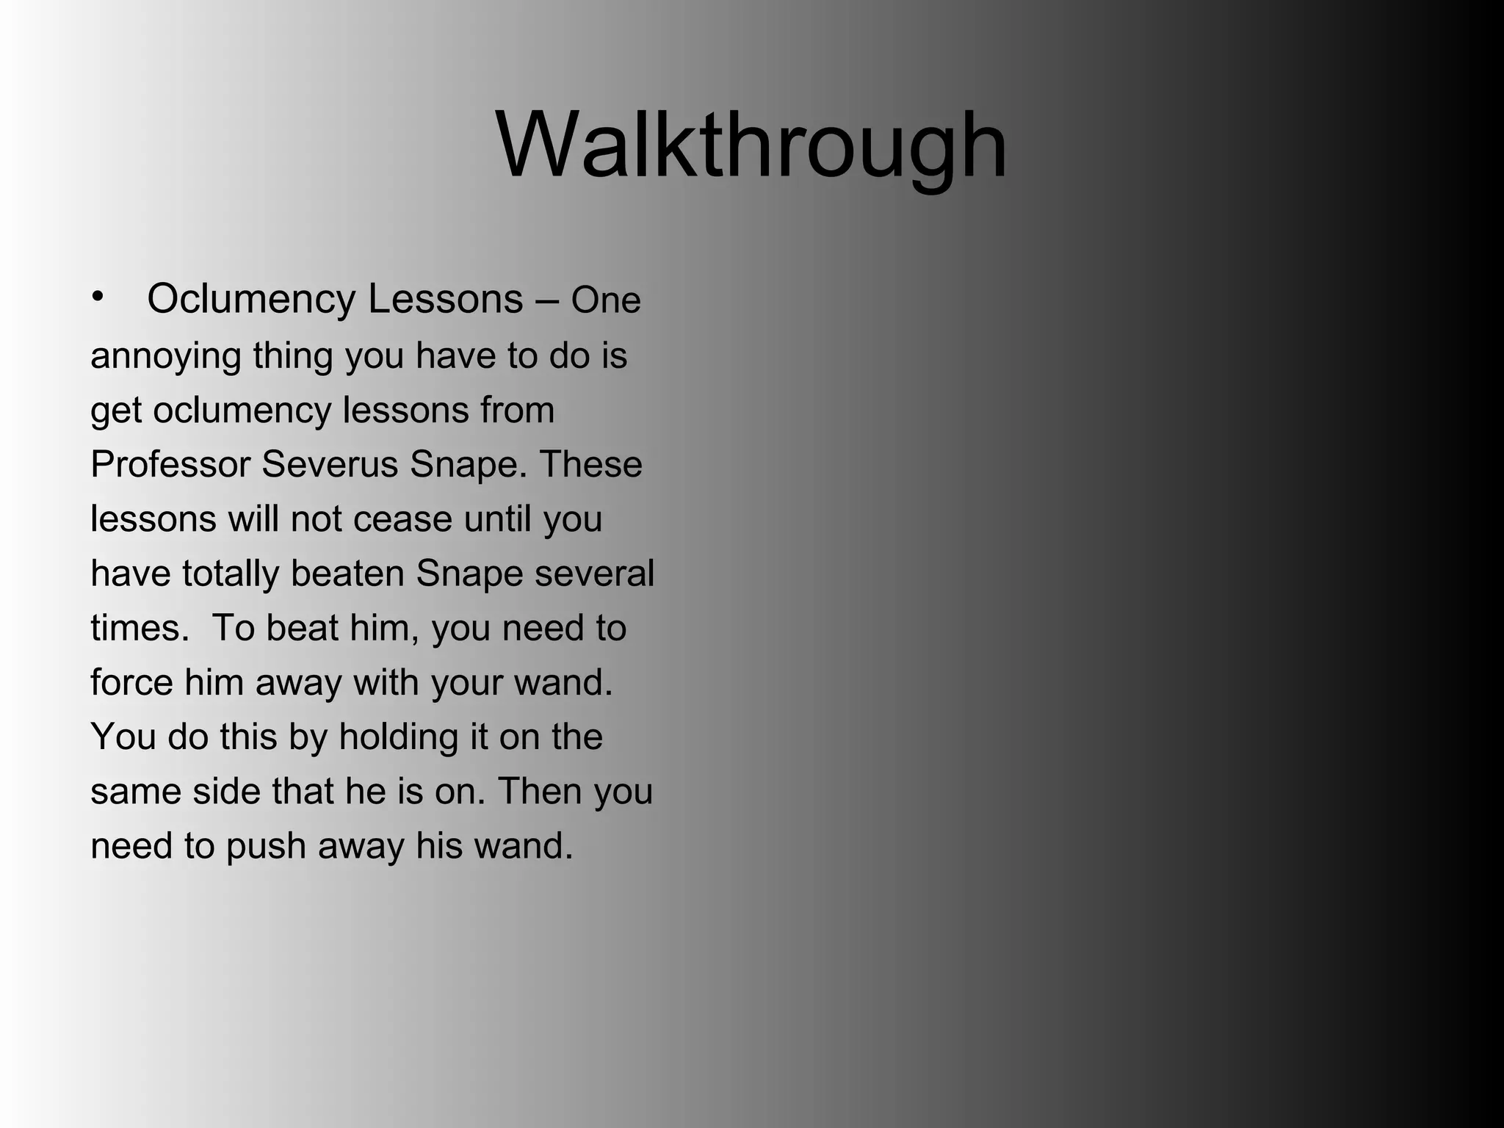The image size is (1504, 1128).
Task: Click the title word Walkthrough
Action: (751, 145)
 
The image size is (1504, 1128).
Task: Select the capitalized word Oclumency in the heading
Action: (252, 300)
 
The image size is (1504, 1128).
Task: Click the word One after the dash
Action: (606, 301)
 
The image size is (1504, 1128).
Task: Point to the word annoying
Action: (166, 357)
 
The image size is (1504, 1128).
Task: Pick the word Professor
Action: (170, 465)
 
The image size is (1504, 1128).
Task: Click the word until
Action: (497, 519)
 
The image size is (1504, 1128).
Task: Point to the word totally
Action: (231, 574)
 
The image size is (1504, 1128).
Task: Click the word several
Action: (594, 574)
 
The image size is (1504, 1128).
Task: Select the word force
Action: (131, 682)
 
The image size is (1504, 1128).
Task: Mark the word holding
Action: (399, 737)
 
